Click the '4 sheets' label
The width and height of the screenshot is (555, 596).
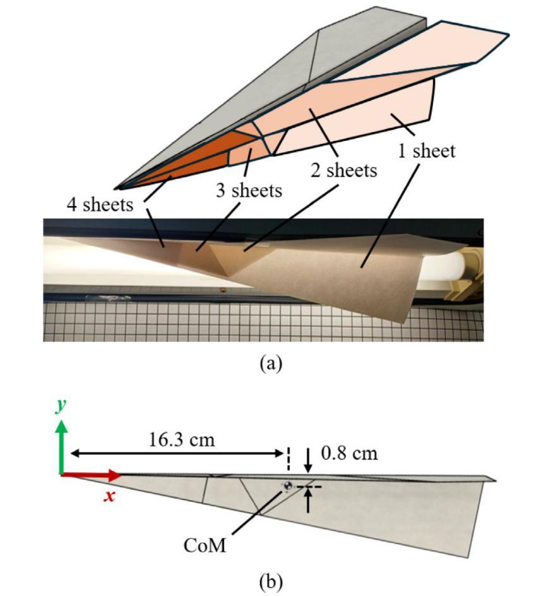(x=100, y=205)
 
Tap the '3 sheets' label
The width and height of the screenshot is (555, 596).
(x=249, y=190)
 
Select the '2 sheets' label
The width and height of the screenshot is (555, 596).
(x=344, y=170)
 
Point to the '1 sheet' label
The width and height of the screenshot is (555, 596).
(x=426, y=150)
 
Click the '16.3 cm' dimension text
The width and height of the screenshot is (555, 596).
(x=181, y=440)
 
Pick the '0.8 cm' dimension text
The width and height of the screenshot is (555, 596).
(x=349, y=453)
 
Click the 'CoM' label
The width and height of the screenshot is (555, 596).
(x=204, y=545)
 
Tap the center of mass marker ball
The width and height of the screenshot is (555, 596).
(x=288, y=485)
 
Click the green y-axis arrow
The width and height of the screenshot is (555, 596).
(x=61, y=447)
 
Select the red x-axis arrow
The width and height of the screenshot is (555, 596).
(x=91, y=475)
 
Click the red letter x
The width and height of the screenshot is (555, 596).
(x=109, y=496)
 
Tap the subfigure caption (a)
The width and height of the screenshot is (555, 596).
(x=271, y=363)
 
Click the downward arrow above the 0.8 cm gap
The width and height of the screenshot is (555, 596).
(x=308, y=460)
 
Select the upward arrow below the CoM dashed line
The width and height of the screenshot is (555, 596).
(x=308, y=500)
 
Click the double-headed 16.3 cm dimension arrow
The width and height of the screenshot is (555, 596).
(x=177, y=453)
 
